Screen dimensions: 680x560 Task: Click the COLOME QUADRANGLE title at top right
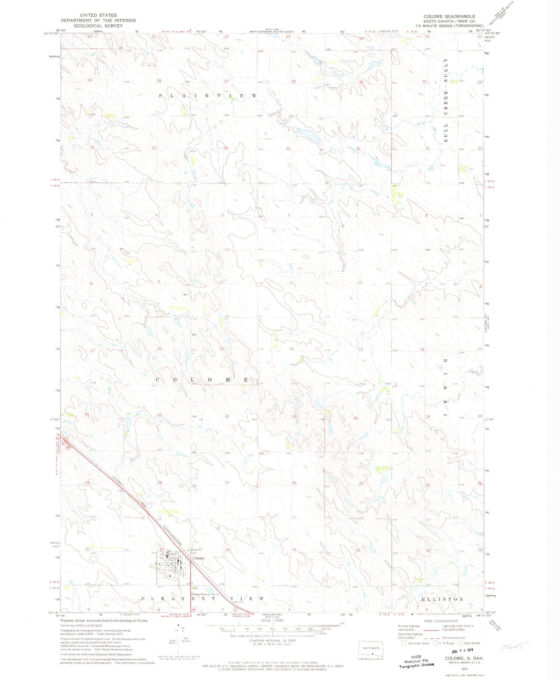coord(449,16)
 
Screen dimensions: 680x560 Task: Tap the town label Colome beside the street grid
coord(198,558)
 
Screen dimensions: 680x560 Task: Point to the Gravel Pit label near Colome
coord(196,550)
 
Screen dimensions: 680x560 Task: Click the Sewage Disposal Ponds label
coord(205,594)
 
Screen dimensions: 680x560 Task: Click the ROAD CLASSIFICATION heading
coord(440,621)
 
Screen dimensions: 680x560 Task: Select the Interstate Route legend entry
coord(415,643)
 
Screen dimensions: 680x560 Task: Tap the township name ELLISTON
coord(441,599)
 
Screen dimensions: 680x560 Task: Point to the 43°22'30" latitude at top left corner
coord(51,33)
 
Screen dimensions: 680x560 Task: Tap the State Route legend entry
coord(470,643)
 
